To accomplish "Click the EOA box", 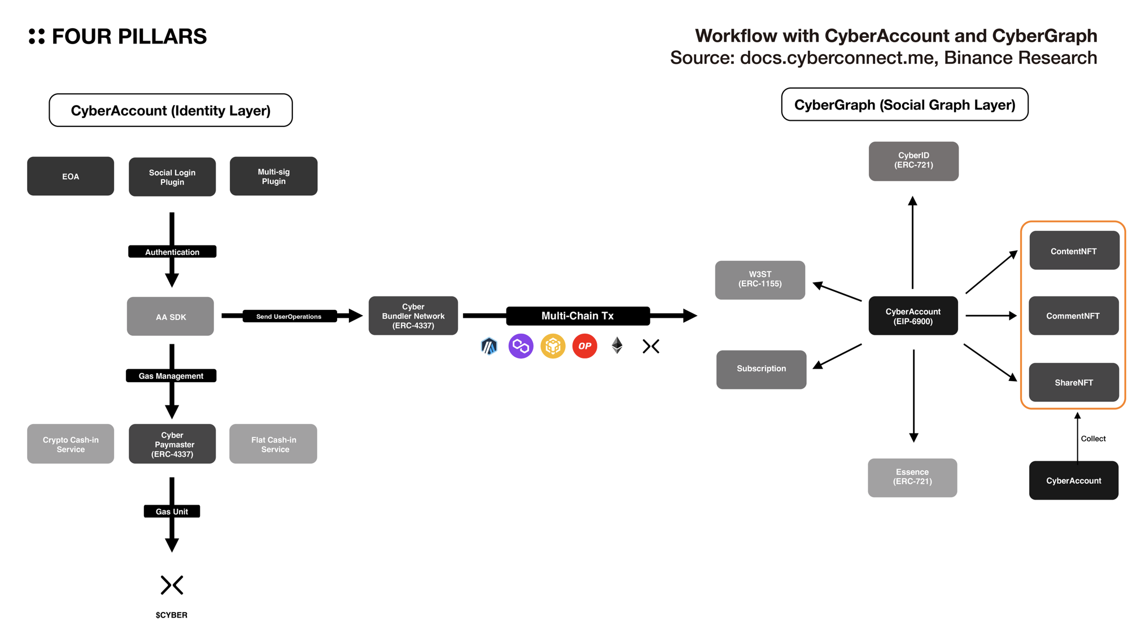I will (71, 176).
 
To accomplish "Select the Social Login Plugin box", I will (172, 177).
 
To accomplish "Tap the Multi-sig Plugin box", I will (273, 176).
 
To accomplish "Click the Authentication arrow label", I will (172, 252).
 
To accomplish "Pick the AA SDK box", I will (170, 317).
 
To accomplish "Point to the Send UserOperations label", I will (289, 316).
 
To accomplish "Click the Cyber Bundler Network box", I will (413, 316).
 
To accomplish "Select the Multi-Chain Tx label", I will (578, 316).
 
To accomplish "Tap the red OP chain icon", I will (585, 346).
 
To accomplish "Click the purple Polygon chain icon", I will (521, 346).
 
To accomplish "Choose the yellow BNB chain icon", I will (553, 346).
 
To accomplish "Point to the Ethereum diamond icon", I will (617, 345).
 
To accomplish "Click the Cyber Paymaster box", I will (172, 444).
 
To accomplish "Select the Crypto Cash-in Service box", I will (71, 444).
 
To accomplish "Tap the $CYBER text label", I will (172, 615).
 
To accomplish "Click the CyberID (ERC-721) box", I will (913, 161).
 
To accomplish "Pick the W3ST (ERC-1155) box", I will (760, 279).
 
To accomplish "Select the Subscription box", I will (761, 369).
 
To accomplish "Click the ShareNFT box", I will (1074, 383).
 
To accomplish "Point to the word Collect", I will (1093, 439).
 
